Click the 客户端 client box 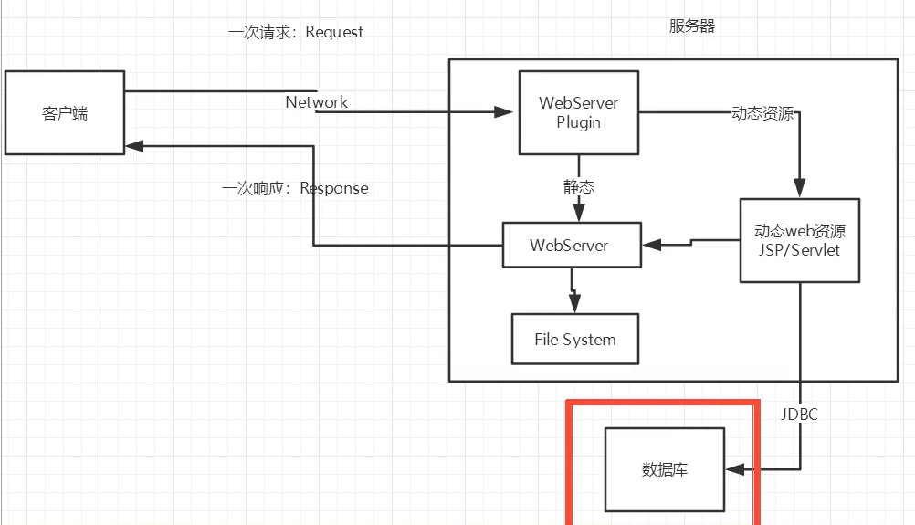point(65,113)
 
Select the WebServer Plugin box point(578,112)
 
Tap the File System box point(574,340)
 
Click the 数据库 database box point(664,469)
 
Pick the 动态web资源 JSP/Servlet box point(800,240)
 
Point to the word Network point(316,102)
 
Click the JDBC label point(799,415)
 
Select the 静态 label point(578,187)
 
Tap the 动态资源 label point(762,114)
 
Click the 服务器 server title point(691,26)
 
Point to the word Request point(334,32)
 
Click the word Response point(334,189)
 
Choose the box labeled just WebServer point(569,246)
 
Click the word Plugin point(578,122)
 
